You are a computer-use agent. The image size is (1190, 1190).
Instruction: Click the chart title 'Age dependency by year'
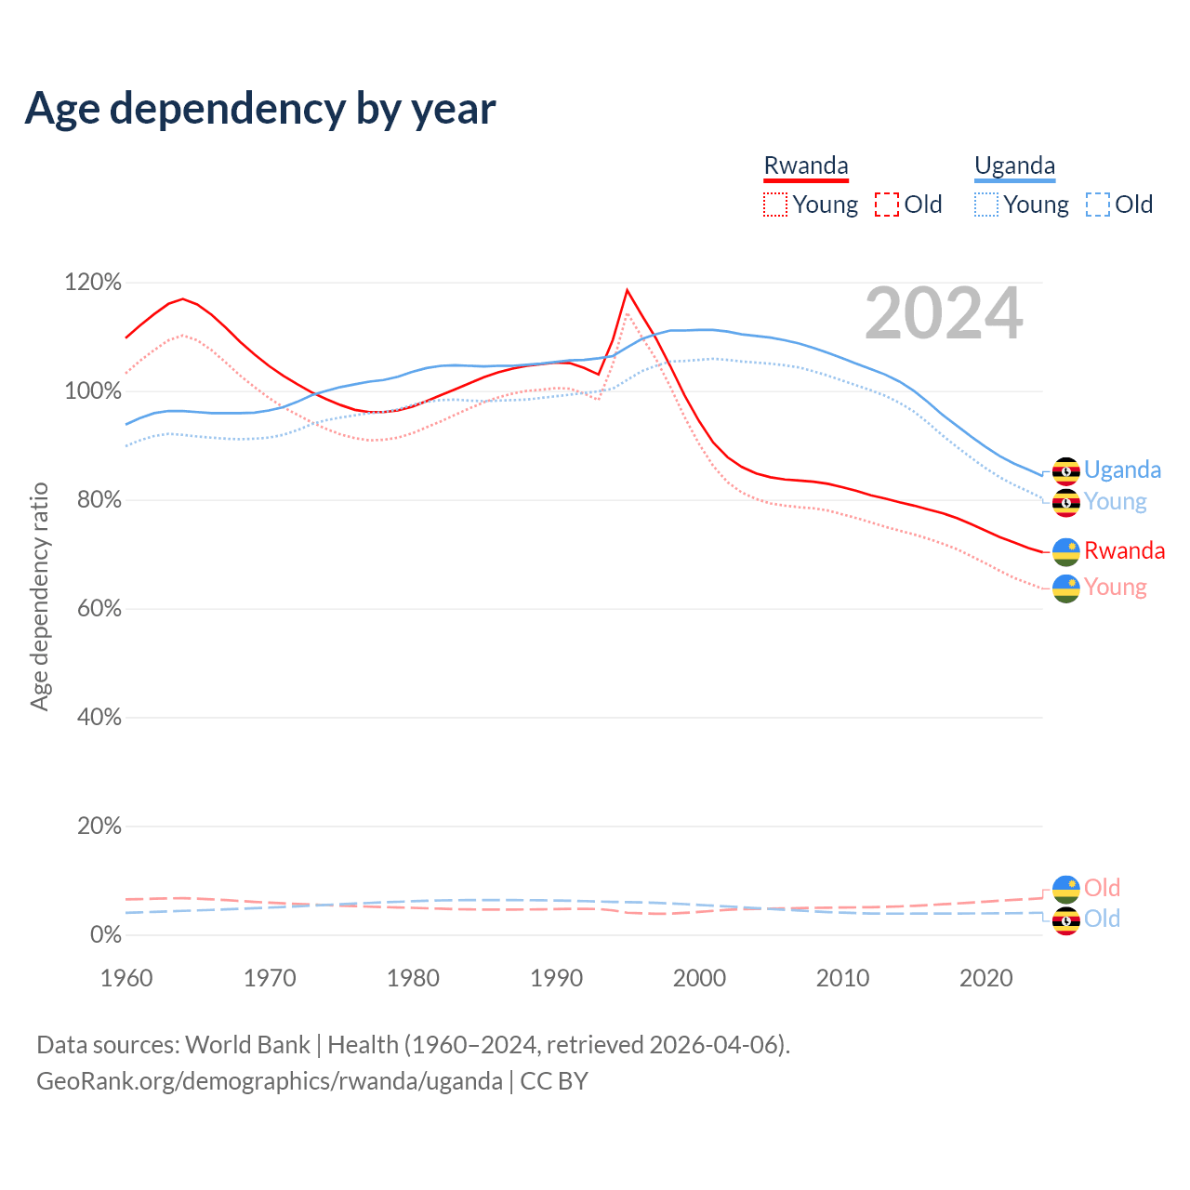tap(260, 109)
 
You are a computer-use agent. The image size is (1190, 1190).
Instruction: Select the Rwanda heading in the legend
tap(806, 166)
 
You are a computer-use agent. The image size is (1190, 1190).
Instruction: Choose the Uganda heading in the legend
tap(1014, 166)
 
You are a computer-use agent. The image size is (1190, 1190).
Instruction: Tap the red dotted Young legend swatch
tap(775, 205)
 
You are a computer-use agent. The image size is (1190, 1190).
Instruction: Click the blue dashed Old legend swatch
tap(1098, 205)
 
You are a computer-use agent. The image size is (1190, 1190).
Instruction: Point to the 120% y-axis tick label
tap(93, 283)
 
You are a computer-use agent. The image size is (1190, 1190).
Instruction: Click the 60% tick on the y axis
tap(99, 609)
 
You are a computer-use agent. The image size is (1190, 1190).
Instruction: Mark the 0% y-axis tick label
tap(105, 935)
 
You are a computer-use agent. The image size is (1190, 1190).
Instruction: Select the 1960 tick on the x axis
tap(126, 978)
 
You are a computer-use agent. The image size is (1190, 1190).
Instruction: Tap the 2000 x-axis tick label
tap(699, 978)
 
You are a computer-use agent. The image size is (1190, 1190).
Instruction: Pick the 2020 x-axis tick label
tap(985, 978)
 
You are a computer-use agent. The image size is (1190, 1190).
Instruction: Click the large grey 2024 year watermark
tap(944, 314)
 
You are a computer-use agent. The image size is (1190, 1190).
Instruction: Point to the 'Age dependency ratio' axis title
tap(39, 596)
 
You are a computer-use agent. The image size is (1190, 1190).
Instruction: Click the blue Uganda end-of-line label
tap(1122, 469)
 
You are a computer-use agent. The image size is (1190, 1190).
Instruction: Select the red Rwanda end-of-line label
tap(1124, 550)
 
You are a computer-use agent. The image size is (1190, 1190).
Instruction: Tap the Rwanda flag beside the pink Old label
tap(1065, 889)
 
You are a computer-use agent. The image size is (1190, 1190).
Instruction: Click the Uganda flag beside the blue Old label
tap(1065, 920)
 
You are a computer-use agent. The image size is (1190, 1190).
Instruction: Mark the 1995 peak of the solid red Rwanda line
tap(628, 290)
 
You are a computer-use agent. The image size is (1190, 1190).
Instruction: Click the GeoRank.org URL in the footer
tap(270, 1081)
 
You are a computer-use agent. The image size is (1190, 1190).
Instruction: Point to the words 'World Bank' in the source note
tap(247, 1045)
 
